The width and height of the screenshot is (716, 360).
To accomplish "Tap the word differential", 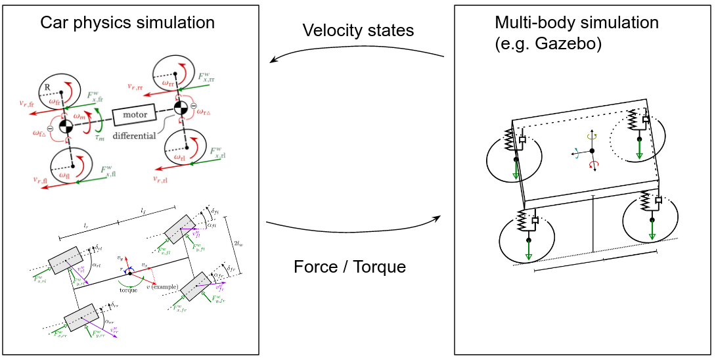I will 134,135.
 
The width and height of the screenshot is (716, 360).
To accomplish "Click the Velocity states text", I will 358,30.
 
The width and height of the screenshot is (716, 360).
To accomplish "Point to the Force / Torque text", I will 349,267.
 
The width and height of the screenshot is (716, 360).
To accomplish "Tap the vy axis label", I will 120,258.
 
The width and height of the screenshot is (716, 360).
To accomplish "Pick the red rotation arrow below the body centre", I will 594,165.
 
